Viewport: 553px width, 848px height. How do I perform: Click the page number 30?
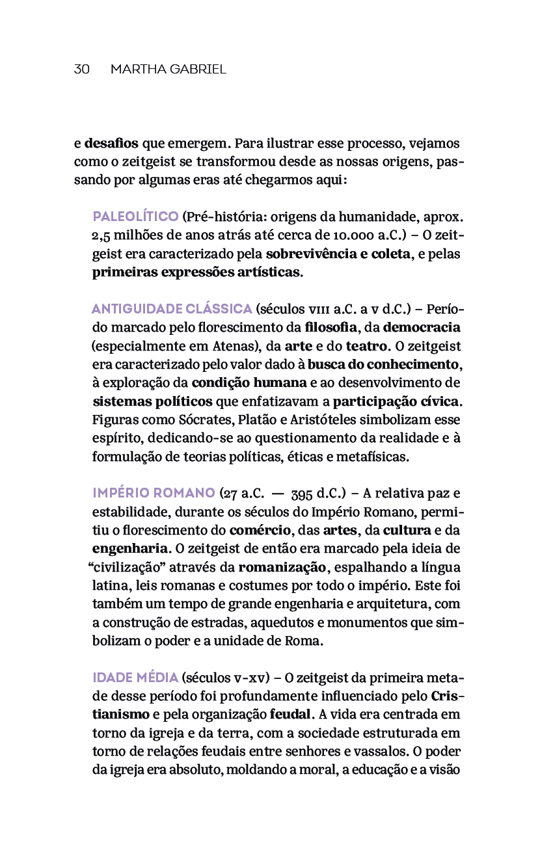81,69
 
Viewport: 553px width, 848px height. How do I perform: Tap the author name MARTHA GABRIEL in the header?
169,69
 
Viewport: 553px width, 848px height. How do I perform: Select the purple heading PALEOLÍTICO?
135,217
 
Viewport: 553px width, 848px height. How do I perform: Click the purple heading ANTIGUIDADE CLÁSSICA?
172,308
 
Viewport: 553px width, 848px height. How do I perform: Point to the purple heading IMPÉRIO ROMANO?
154,492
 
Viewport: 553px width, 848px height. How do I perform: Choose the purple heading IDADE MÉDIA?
135,677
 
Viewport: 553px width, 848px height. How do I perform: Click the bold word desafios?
111,143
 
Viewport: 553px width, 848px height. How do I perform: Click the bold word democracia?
422,326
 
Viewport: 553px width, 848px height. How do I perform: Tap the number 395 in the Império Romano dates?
303,493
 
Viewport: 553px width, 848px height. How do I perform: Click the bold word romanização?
283,566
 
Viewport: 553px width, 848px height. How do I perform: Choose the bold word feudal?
290,714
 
